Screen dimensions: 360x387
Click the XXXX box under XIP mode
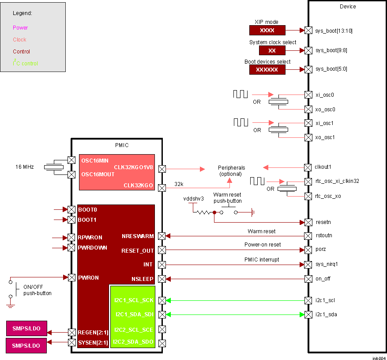267,30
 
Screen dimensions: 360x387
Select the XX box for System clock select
272,50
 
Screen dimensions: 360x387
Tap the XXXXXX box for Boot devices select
267,70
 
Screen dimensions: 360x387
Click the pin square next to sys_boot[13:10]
308,30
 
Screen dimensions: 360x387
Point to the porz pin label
320,250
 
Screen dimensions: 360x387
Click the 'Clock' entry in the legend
19,40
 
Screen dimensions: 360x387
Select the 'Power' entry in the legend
20,28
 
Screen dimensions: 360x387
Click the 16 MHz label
24,167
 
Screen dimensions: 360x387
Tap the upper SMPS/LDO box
26,329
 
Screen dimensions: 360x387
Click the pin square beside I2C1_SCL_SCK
162,300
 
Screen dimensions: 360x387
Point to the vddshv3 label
193,199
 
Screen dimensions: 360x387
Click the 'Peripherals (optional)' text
231,171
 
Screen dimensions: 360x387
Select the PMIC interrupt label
262,260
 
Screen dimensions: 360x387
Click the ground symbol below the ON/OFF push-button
11,305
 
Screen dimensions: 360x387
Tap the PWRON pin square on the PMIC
71,277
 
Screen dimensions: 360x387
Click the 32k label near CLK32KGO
179,184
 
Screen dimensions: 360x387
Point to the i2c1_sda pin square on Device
308,315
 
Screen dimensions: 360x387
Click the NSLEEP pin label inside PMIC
142,279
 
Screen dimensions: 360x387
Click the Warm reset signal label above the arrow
262,231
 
